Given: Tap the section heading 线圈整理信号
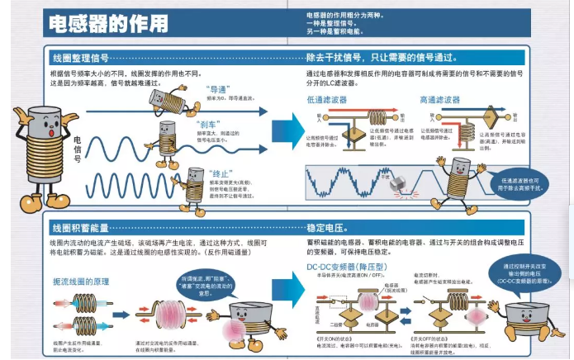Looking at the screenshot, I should [80, 59].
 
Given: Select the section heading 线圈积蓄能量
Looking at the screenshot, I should [80, 227].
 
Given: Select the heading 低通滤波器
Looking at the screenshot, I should [328, 99].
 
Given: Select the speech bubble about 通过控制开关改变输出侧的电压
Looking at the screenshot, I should [525, 273].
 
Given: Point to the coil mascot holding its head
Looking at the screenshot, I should [36, 157].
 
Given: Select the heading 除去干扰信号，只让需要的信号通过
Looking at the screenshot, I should [380, 59].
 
